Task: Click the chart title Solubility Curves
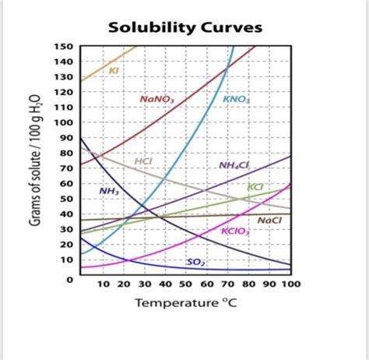pos(184,29)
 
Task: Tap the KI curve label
pos(114,70)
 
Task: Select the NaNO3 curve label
pos(156,99)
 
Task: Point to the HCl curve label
pos(144,161)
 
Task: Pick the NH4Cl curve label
pos(234,165)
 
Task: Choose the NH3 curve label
pos(109,191)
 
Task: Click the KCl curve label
pos(256,187)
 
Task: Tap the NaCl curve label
pos(269,221)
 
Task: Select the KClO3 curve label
pos(236,231)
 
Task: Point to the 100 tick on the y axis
pos(62,123)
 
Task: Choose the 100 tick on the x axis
pos(290,285)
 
